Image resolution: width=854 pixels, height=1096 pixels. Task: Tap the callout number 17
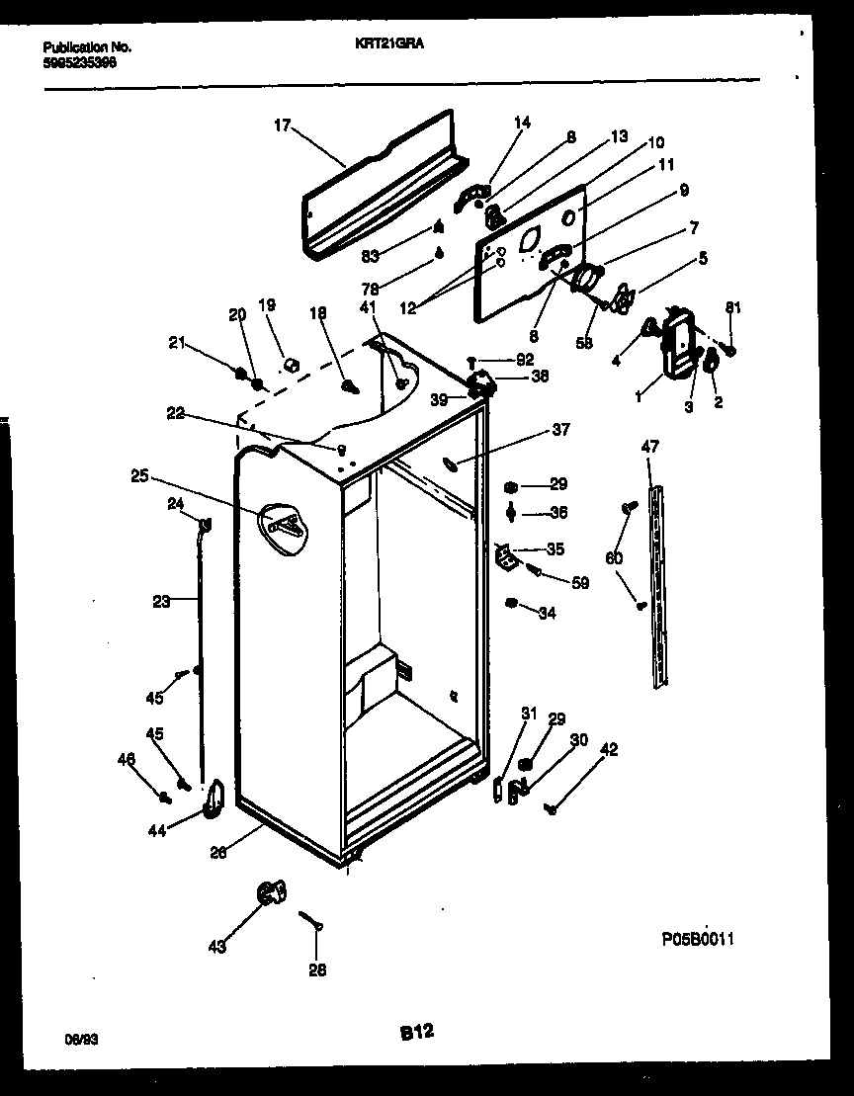point(283,125)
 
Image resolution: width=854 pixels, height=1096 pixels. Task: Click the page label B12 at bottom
point(416,1033)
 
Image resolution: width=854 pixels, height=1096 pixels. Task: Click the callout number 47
point(649,447)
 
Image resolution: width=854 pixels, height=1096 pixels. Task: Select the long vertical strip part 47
point(658,583)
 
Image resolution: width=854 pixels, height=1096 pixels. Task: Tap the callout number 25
point(139,476)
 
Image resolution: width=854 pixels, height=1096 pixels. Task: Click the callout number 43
point(216,947)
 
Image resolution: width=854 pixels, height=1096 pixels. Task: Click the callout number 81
point(731,306)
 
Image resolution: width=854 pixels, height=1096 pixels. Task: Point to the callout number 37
point(560,430)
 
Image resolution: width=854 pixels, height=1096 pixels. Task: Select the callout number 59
point(580,583)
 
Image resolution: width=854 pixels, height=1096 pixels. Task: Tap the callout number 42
point(609,750)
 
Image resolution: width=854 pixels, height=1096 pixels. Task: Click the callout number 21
point(177,343)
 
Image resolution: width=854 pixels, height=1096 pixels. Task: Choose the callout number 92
point(524,360)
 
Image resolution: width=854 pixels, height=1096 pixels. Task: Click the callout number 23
point(161,599)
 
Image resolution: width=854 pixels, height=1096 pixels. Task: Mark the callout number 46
point(126,759)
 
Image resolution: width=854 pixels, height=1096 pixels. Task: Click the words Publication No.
point(87,46)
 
